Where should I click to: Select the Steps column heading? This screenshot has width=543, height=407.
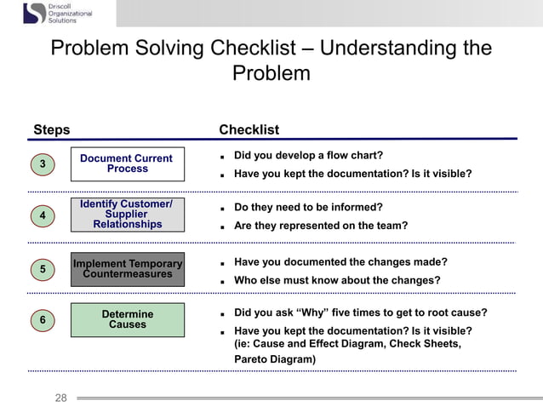tap(51, 129)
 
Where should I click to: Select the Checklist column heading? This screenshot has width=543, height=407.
tap(249, 129)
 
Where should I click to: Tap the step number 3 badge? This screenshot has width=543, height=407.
tap(43, 163)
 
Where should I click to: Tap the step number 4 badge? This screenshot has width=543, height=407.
tap(43, 216)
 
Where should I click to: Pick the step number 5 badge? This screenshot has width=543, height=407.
tap(43, 269)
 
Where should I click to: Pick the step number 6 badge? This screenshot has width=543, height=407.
tap(43, 320)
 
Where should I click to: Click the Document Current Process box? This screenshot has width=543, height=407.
tap(127, 163)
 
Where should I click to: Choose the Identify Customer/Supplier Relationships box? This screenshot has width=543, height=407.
tap(127, 215)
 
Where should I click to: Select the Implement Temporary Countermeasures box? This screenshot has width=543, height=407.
tap(127, 269)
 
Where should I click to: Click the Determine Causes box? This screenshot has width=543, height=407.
tap(127, 319)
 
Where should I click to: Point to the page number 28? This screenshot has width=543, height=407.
tap(60, 397)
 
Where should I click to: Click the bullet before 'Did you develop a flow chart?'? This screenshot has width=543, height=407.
tap(221, 157)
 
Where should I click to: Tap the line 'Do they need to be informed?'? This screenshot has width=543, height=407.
tap(308, 207)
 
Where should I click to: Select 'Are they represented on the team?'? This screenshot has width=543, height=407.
tap(320, 226)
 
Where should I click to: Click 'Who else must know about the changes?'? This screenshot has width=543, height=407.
tap(337, 280)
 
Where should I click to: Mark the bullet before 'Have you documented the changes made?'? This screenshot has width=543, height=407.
tap(221, 263)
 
